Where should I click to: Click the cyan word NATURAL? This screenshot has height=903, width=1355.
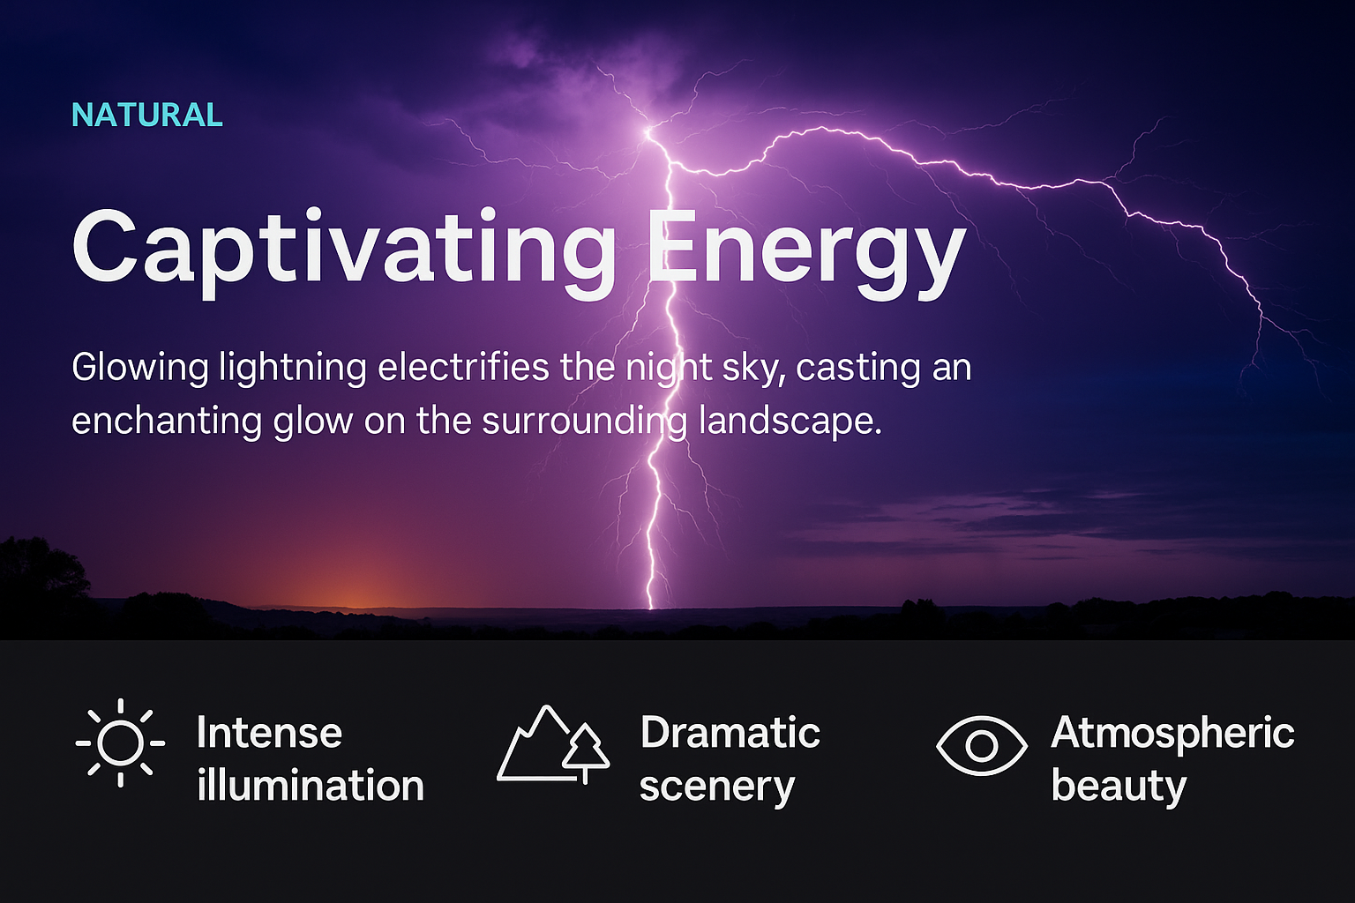tap(147, 115)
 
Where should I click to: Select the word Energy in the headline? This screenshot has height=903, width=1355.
tap(806, 253)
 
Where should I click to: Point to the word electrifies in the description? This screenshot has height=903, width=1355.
tap(463, 367)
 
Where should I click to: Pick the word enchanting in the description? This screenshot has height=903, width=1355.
tap(167, 422)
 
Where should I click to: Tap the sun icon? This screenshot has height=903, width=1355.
tap(120, 743)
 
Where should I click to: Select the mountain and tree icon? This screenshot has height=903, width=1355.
tap(553, 744)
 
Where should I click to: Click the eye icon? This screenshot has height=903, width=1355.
tap(981, 745)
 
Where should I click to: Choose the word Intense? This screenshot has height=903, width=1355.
tap(269, 733)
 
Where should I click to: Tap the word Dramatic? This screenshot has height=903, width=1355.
tap(730, 733)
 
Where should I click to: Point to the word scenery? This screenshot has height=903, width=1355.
tap(717, 787)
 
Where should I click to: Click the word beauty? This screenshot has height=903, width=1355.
tap(1119, 787)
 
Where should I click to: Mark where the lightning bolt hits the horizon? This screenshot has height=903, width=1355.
tap(651, 608)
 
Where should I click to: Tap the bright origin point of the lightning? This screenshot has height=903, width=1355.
tap(648, 131)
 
